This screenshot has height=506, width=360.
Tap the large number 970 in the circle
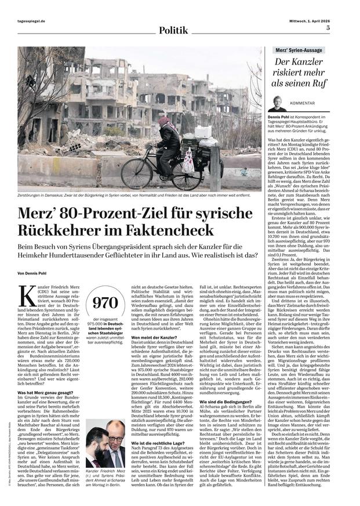tap(105, 302)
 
